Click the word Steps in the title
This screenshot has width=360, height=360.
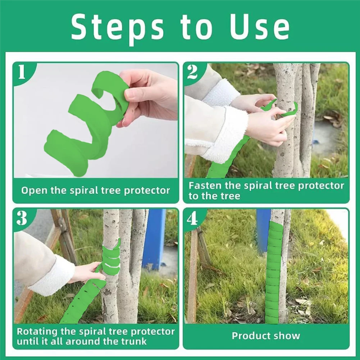click(118, 27)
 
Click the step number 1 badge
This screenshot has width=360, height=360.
click(22, 72)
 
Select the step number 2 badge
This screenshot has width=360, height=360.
click(192, 72)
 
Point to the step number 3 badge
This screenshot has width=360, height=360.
click(22, 218)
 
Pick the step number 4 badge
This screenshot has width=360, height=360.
click(192, 218)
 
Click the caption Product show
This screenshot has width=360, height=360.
click(266, 336)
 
